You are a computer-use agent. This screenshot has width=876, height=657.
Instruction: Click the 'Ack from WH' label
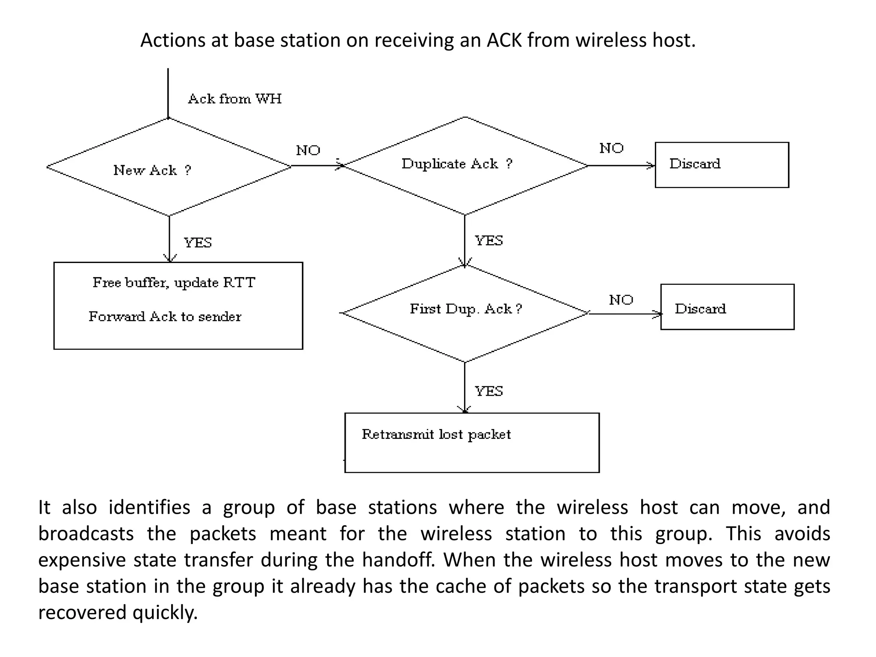click(x=235, y=99)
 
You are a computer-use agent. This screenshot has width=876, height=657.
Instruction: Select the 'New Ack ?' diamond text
click(x=152, y=170)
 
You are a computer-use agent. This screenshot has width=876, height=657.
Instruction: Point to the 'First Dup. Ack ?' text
click(x=466, y=309)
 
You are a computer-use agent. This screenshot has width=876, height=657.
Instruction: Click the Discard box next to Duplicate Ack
click(x=722, y=165)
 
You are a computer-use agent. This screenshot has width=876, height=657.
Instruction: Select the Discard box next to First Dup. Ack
click(x=727, y=307)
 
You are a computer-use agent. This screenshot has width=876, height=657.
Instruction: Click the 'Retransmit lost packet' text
click(x=436, y=435)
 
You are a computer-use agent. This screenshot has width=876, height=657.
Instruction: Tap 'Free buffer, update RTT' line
click(x=174, y=283)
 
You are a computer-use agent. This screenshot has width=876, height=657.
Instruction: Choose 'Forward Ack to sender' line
click(x=165, y=317)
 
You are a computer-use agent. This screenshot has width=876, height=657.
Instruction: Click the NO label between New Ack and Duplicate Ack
click(x=308, y=151)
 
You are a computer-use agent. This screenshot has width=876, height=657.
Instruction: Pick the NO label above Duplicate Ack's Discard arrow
click(x=611, y=148)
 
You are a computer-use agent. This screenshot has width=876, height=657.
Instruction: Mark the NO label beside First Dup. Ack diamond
click(x=621, y=300)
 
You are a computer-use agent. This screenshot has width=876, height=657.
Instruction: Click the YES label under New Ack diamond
click(x=198, y=243)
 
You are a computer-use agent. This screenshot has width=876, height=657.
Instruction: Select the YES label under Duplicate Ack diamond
click(x=488, y=241)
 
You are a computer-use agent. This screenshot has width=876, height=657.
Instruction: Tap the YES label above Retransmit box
click(x=488, y=391)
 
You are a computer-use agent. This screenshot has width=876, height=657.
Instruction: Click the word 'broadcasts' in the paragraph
click(x=86, y=534)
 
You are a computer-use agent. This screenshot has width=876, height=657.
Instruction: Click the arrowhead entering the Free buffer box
click(x=170, y=258)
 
